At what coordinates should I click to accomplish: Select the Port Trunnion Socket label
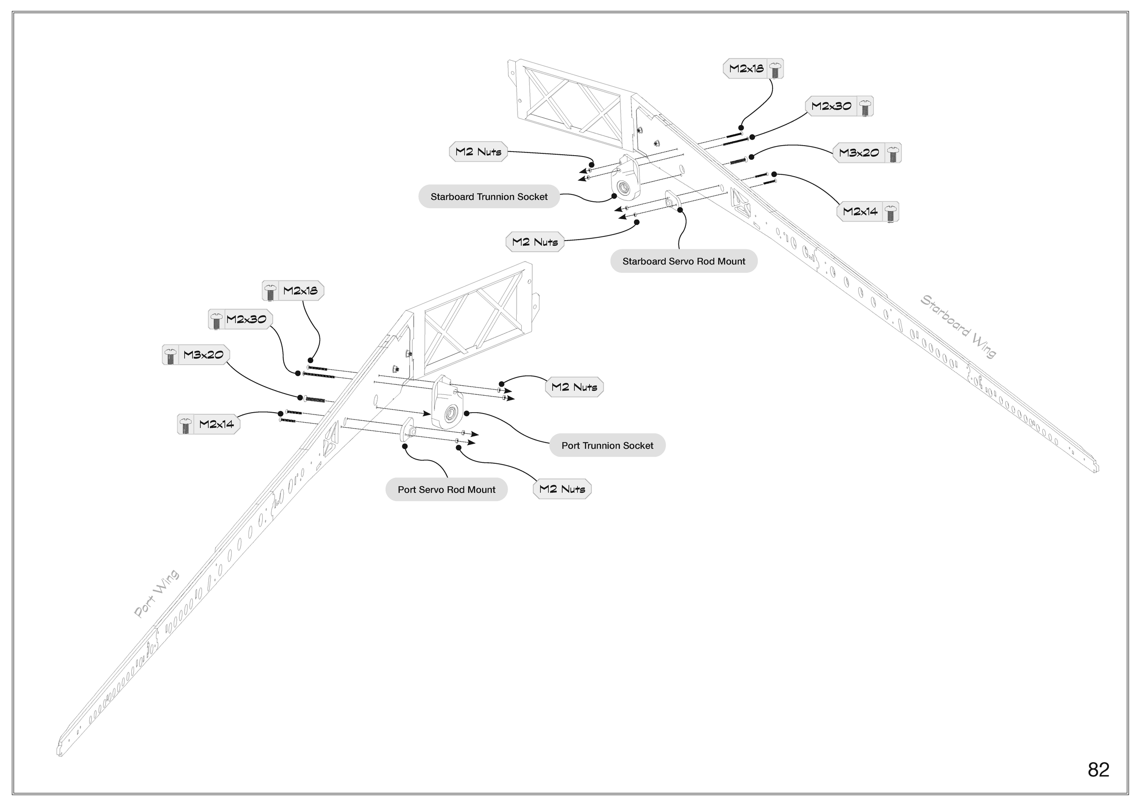pos(607,446)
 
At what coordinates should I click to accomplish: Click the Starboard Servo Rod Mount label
pos(683,262)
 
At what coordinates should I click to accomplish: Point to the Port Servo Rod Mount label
pos(446,490)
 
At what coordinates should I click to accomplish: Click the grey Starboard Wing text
pos(958,326)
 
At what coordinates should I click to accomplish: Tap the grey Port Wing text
pos(156,594)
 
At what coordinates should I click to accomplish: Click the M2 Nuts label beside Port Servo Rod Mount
pos(562,489)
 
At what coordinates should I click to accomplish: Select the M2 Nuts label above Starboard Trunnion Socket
pos(478,152)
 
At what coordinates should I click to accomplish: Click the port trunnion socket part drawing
pos(447,403)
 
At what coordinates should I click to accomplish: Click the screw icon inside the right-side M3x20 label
pos(893,153)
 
